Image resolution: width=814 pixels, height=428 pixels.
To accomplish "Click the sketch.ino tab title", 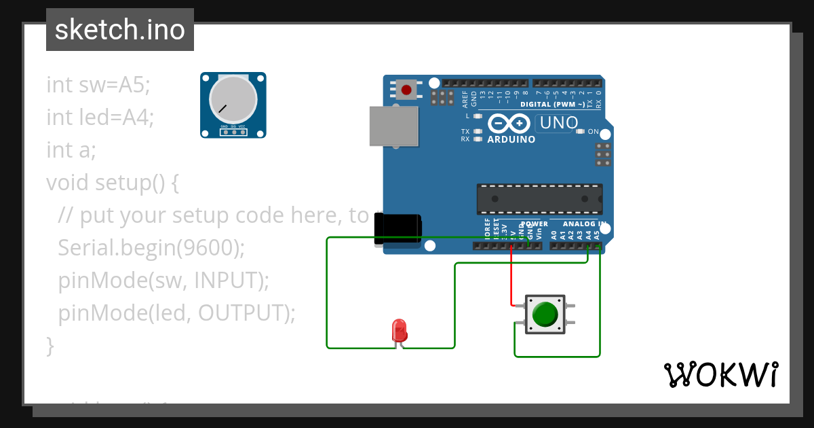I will pyautogui.click(x=119, y=30).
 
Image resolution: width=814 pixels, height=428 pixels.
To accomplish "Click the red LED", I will pyautogui.click(x=399, y=330).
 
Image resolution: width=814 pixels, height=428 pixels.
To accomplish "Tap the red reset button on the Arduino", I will pyautogui.click(x=407, y=89).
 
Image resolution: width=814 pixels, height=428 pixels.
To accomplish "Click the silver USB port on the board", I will pyautogui.click(x=393, y=126).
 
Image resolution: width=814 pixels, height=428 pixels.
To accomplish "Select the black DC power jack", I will pyautogui.click(x=398, y=231).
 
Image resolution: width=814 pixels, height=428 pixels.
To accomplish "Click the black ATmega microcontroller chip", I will pyautogui.click(x=539, y=198).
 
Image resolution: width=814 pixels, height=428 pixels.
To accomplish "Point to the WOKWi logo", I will pyautogui.click(x=720, y=374).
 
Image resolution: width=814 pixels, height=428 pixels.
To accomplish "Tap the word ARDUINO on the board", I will pyautogui.click(x=511, y=140).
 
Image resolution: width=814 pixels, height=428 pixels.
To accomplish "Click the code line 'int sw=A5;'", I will pyautogui.click(x=98, y=85).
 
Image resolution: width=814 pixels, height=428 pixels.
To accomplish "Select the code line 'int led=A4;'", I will pyautogui.click(x=100, y=118).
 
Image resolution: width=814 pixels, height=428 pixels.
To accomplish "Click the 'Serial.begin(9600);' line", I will pyautogui.click(x=151, y=248).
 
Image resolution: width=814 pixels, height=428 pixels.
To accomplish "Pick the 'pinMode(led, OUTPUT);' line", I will pyautogui.click(x=177, y=313).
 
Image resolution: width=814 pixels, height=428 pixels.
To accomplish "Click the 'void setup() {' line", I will pyautogui.click(x=112, y=183).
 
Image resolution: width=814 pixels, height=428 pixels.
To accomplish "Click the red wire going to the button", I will pyautogui.click(x=511, y=279).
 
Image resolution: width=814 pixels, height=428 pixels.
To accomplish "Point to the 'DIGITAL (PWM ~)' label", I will pyautogui.click(x=552, y=105).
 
